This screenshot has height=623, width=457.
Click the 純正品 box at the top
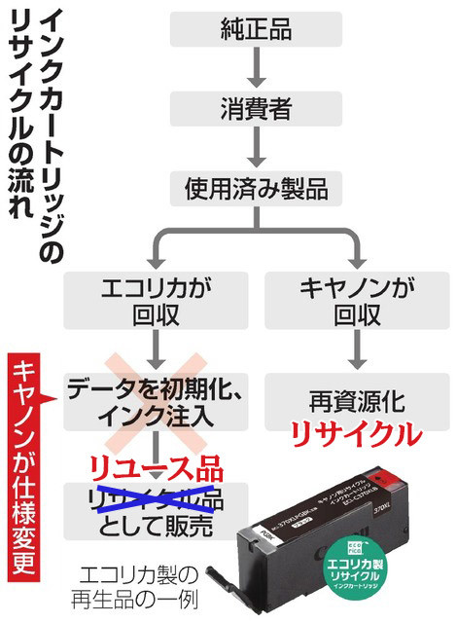point(256,29)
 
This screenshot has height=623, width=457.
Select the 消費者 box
point(256,110)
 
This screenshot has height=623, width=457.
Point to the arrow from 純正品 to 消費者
point(256,69)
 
